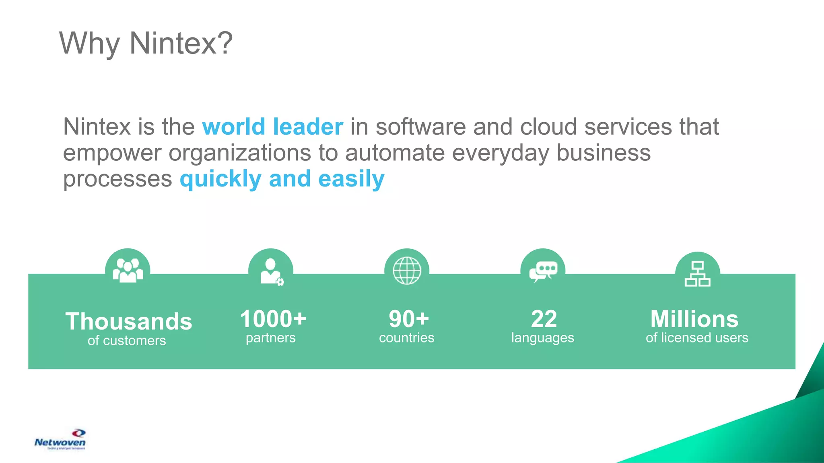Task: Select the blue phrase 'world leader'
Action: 273,127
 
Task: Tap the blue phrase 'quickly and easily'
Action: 282,179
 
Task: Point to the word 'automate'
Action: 395,153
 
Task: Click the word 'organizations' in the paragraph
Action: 240,153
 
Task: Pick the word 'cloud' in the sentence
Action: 548,127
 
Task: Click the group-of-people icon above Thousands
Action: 128,270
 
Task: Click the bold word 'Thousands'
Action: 129,322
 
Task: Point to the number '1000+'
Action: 273,319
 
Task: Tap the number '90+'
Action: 409,319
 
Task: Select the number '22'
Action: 544,319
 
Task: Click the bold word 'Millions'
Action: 694,319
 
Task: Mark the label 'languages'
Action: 542,338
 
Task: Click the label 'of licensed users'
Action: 697,338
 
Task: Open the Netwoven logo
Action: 60,440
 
